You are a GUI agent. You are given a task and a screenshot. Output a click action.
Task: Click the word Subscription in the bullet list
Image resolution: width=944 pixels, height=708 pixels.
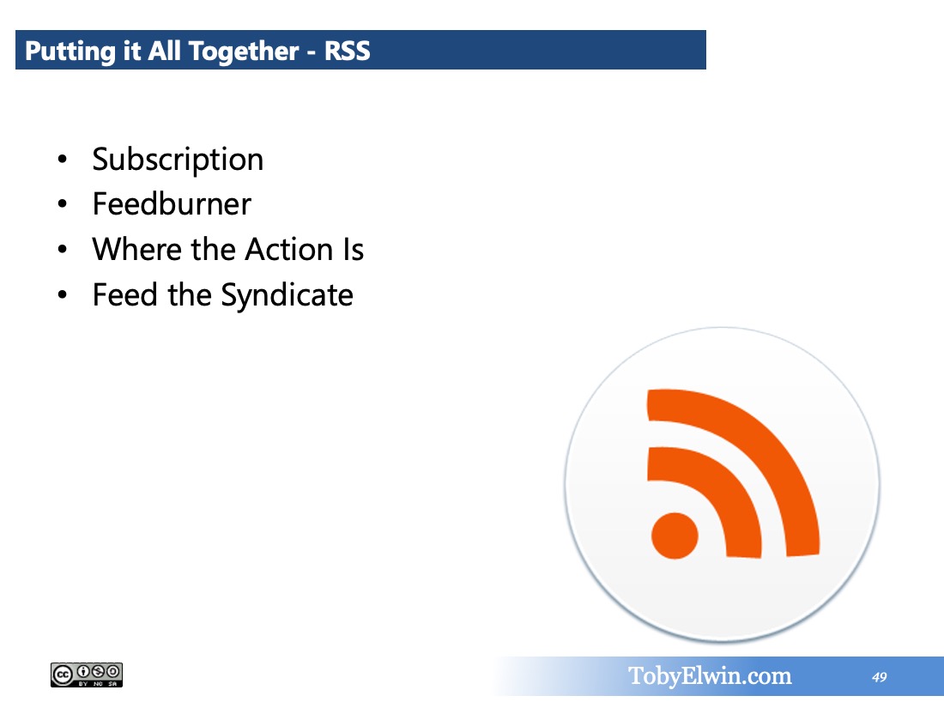point(178,160)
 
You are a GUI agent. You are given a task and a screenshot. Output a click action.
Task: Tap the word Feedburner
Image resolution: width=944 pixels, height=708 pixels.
point(172,203)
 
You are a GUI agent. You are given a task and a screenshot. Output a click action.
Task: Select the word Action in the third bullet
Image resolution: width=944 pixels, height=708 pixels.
point(289,249)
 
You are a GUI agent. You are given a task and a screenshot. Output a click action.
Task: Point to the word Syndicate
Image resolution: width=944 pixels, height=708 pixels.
point(287,295)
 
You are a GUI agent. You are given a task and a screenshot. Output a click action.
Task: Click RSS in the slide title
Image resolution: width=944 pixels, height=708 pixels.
point(348,51)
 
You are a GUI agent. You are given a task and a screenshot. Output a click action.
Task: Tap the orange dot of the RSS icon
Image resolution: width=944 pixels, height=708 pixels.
point(675,536)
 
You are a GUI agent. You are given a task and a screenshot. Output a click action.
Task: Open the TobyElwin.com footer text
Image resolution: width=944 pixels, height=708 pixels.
point(710,676)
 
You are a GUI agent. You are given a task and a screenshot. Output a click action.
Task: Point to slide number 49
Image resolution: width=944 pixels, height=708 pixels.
point(879,677)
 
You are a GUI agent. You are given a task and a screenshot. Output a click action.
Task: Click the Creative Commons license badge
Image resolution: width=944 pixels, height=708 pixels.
point(87,675)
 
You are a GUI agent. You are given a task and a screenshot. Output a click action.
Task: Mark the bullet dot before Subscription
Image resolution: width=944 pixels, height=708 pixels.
point(62,160)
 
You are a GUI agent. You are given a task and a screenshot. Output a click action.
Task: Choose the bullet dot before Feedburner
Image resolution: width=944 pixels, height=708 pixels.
point(62,205)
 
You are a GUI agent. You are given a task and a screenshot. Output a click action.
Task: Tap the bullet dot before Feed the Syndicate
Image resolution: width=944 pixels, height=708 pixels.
point(62,295)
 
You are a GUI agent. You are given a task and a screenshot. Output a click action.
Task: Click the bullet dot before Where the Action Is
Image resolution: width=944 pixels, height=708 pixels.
point(62,249)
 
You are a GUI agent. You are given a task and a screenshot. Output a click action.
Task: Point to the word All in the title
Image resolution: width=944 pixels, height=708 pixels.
point(164,51)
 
